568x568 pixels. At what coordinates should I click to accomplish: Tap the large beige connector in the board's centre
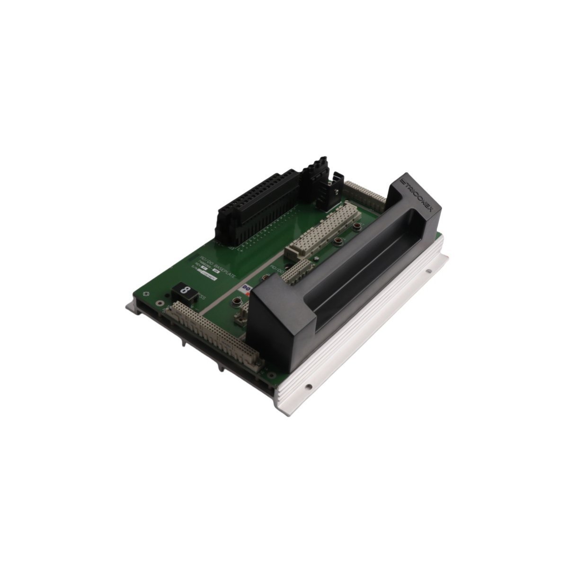(324, 227)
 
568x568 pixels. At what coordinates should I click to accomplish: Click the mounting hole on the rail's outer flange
(429, 271)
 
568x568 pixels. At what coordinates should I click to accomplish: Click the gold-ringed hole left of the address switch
(146, 294)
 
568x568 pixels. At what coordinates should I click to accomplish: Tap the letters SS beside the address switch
(202, 297)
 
